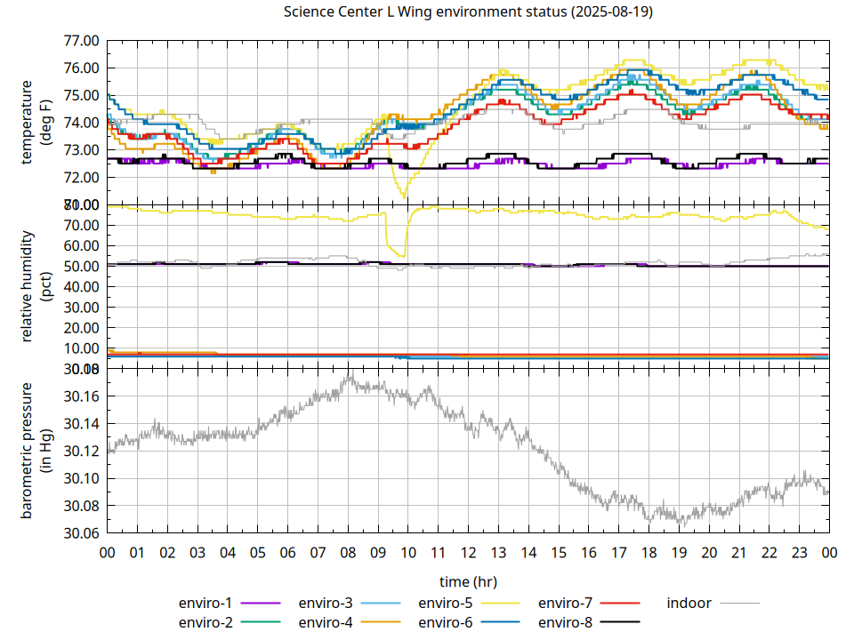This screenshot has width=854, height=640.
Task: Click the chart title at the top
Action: (x=467, y=12)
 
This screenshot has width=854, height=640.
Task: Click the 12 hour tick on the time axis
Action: (x=468, y=553)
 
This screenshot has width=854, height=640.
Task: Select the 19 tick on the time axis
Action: (x=679, y=553)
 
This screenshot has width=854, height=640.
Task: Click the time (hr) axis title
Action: (x=468, y=581)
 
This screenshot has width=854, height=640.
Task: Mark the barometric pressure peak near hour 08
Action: (x=350, y=374)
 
